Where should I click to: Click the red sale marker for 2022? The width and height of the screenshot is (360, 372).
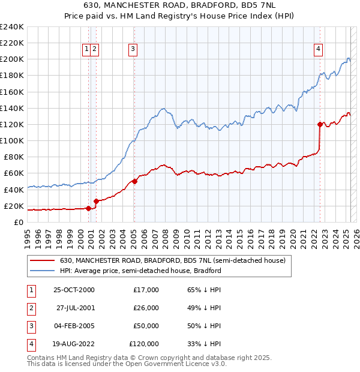click(320, 124)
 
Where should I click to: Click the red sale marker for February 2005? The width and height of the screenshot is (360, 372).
click(134, 181)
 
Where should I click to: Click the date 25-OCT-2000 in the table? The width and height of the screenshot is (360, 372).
click(74, 290)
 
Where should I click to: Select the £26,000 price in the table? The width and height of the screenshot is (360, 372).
click(146, 308)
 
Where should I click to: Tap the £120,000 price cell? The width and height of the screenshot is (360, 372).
click(144, 344)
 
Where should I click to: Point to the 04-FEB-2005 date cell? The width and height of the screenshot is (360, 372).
click(74, 326)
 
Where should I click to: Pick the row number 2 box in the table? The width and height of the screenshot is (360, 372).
click(31, 308)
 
